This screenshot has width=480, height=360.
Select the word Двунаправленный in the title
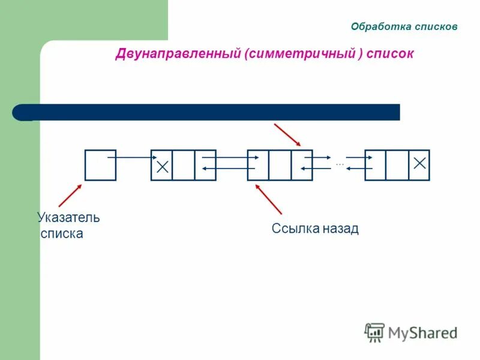178,54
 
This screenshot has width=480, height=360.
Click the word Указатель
68,217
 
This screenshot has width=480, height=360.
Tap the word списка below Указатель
62,233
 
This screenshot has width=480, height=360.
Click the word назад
340,229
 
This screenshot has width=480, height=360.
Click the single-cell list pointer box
100,165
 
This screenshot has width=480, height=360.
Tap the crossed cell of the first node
162,165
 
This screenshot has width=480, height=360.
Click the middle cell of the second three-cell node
280,165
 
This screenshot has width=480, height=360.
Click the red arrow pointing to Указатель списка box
70,196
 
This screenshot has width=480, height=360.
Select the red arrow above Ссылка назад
268,199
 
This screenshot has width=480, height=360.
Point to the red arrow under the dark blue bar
287,135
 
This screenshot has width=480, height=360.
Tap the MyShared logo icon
375,332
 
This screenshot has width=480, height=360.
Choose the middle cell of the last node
397,165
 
